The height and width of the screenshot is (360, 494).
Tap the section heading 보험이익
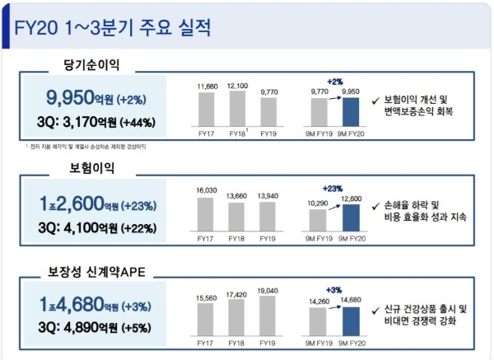[x=91, y=168]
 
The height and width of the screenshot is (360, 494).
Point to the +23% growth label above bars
[x=335, y=187]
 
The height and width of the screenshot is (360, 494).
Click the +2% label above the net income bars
[x=335, y=82]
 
